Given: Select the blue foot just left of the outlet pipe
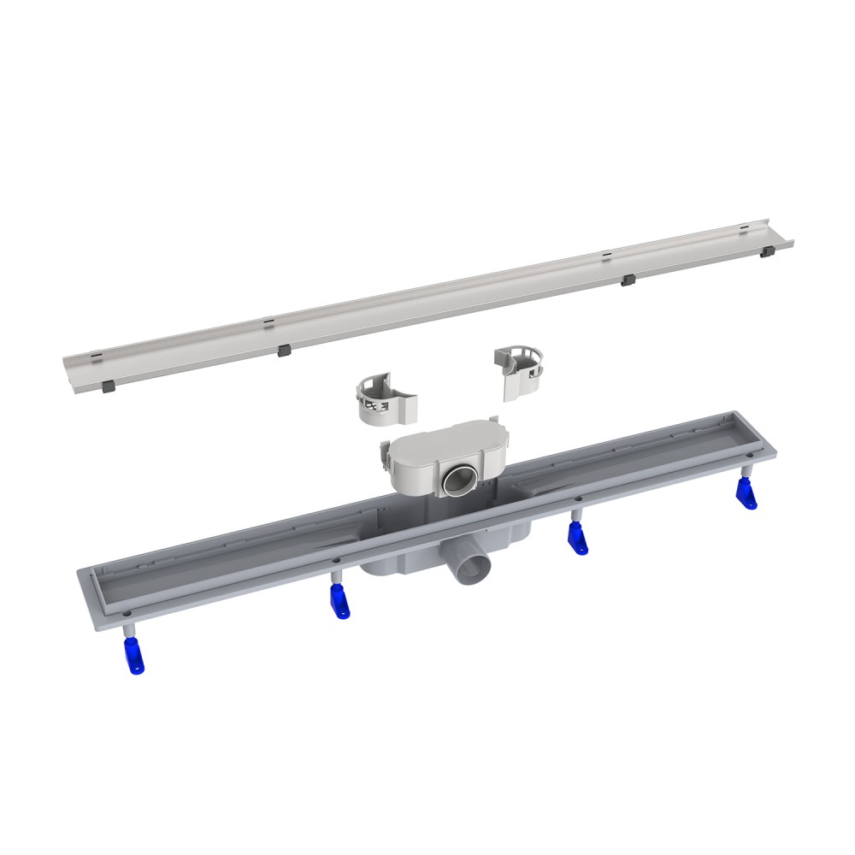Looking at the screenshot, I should [x=339, y=604].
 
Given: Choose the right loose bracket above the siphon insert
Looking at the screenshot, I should [x=522, y=374].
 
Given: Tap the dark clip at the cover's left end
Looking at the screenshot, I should [x=109, y=386].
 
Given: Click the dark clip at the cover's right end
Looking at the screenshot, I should [x=768, y=251].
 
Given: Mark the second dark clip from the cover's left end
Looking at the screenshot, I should [x=284, y=351].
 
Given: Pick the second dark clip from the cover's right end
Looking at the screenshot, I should [x=628, y=280].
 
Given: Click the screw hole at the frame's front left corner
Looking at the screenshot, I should [x=127, y=613].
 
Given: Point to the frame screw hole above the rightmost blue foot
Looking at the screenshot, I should [x=747, y=458].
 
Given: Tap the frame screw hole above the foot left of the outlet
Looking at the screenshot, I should [x=335, y=561].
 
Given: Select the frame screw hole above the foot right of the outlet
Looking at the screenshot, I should [x=578, y=499].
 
